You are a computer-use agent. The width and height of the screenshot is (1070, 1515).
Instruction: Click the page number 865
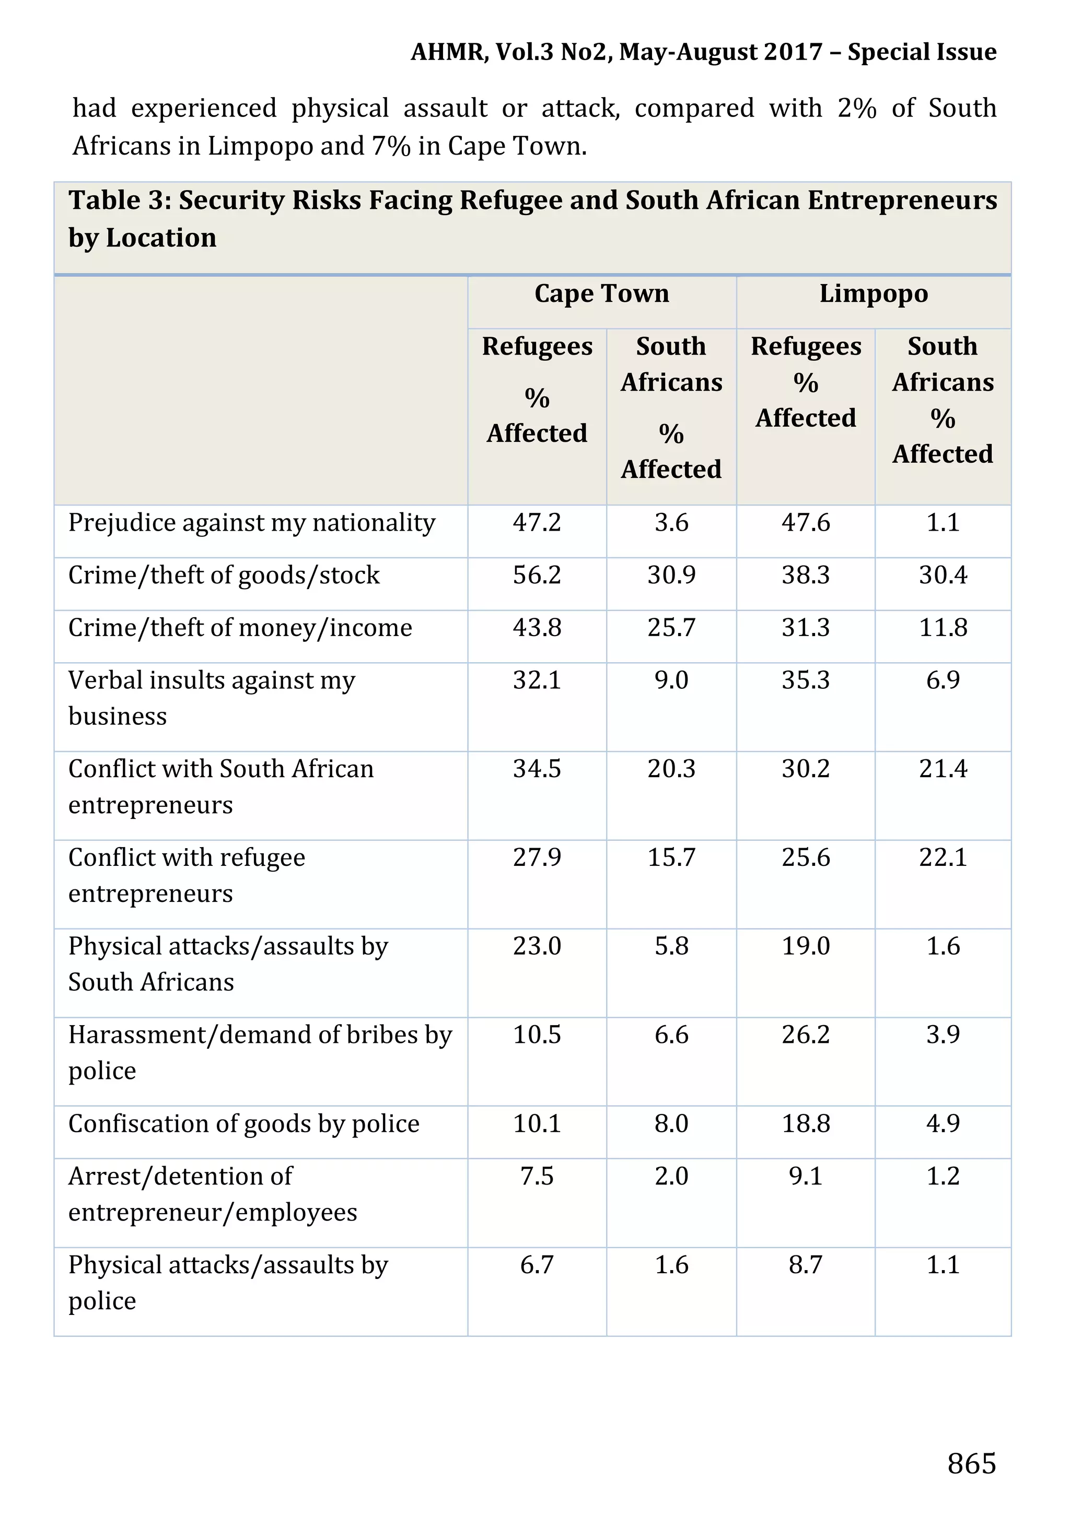(x=971, y=1463)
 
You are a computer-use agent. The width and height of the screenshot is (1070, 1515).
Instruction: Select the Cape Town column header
(x=601, y=293)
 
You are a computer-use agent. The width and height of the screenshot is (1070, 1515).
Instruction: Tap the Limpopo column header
(x=874, y=293)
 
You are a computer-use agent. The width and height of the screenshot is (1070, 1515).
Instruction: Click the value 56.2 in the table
(x=537, y=576)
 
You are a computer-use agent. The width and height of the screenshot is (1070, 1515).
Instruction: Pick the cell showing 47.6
(x=805, y=523)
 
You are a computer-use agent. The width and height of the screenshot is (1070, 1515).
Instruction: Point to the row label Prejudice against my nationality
(x=251, y=523)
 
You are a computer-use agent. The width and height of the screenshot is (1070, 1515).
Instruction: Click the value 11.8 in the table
(x=943, y=628)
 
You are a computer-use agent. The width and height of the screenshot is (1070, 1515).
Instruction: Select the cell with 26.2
(x=805, y=1035)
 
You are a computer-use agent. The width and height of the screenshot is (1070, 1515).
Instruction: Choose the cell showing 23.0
(x=537, y=946)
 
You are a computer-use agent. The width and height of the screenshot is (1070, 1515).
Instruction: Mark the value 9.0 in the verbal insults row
(x=671, y=680)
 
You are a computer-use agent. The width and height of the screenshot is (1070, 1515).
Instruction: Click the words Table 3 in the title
(x=119, y=201)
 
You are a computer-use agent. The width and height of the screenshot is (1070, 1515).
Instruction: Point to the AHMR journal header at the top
(x=703, y=52)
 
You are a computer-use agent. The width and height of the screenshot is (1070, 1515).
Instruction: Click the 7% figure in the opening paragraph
(x=391, y=146)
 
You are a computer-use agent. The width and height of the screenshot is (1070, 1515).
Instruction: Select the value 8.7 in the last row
(x=805, y=1265)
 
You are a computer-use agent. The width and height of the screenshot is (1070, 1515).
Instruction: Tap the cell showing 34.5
(x=537, y=769)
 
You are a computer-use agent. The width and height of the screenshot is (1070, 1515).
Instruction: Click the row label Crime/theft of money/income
(x=240, y=628)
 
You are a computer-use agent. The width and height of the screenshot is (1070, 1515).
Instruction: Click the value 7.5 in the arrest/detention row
(x=537, y=1177)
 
